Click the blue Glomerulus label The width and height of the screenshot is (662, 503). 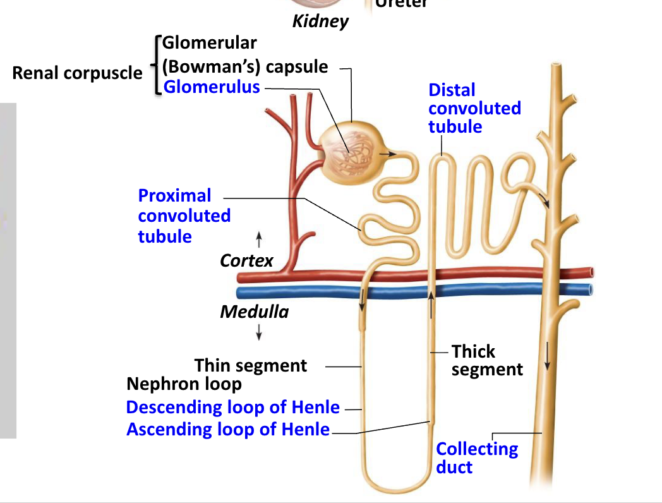point(212,87)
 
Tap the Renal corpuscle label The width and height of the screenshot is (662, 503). point(77,73)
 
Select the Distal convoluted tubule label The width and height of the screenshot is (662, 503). point(474,108)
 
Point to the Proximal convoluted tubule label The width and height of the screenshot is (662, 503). point(184,215)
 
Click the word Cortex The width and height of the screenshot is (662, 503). point(246,260)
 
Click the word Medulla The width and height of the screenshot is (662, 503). point(254,312)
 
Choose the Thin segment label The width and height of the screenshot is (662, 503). point(250,365)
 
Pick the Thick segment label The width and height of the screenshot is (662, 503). point(486,360)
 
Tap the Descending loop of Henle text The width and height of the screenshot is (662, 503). point(232,407)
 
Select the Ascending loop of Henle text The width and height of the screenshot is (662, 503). point(228,429)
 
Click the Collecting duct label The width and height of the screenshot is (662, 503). point(476,458)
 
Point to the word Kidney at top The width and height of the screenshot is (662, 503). point(320,21)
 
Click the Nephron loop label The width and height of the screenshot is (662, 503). point(184,384)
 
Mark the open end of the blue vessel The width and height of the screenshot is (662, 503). point(591,290)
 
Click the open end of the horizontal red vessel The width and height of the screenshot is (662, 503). point(591,272)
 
